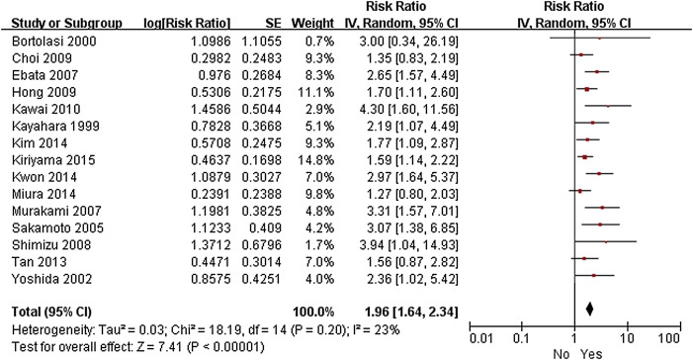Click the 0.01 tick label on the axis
coord(480,339)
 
